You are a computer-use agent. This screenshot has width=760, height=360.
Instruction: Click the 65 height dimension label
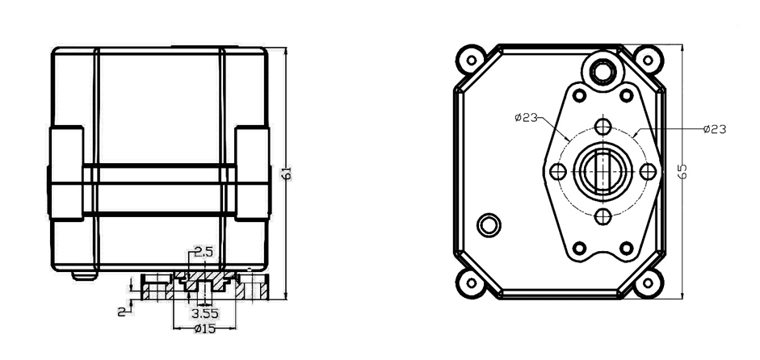coord(683,171)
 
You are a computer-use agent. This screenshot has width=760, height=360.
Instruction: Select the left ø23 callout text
coord(526,118)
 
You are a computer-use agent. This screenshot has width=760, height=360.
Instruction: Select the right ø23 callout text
coord(715,128)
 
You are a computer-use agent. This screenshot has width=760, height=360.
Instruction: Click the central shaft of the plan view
coord(602,172)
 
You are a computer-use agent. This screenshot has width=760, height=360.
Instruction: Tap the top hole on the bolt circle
coord(602,127)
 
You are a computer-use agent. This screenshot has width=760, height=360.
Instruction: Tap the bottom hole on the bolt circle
coord(602,216)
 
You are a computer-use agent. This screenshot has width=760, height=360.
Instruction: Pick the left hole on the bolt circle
coord(557,172)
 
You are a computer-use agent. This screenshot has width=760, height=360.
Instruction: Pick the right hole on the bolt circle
coord(646,172)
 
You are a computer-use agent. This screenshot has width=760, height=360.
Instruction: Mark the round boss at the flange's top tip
coord(602,72)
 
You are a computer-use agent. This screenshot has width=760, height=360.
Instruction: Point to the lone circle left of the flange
coord(489,224)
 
